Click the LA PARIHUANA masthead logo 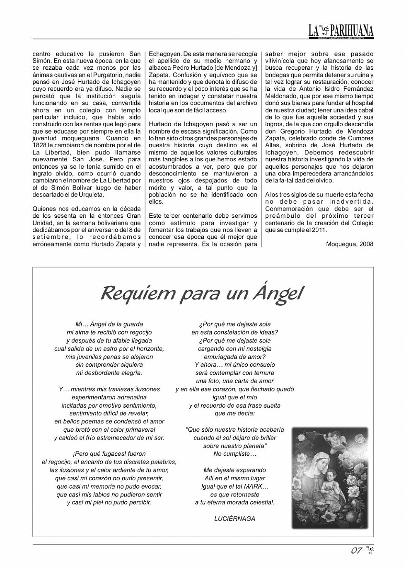coord(341,30)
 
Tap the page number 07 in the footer coord(356,551)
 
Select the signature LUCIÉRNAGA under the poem coord(234,518)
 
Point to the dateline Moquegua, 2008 coord(349,244)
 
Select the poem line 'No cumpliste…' coord(234,454)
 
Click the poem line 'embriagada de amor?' coord(234,357)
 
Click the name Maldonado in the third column coord(283,96)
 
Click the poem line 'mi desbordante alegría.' coord(109,373)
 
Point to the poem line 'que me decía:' coord(234,413)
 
